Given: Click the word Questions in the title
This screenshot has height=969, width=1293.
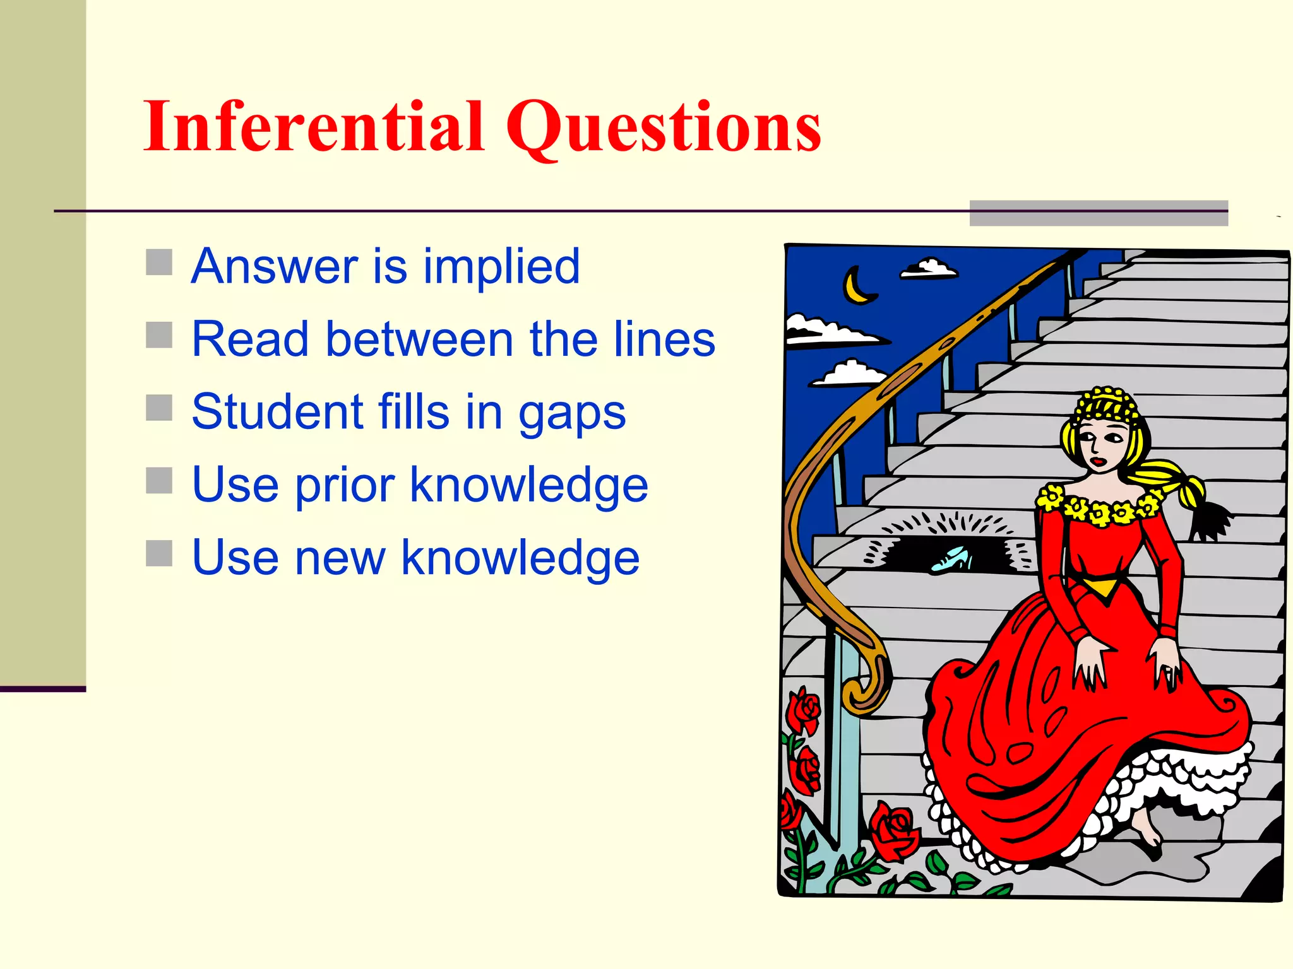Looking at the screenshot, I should pyautogui.click(x=663, y=129).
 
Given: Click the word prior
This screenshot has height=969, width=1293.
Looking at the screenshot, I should pyautogui.click(x=345, y=486).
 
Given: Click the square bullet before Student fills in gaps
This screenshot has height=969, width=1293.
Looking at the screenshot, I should pyautogui.click(x=159, y=408).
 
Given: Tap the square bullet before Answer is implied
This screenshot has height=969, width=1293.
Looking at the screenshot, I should pyautogui.click(x=159, y=262).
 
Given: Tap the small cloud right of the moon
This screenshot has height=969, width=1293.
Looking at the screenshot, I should pyautogui.click(x=929, y=269).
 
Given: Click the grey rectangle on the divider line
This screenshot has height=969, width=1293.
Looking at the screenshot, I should pyautogui.click(x=1098, y=213).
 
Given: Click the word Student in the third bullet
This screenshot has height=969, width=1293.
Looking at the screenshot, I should pyautogui.click(x=276, y=413).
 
